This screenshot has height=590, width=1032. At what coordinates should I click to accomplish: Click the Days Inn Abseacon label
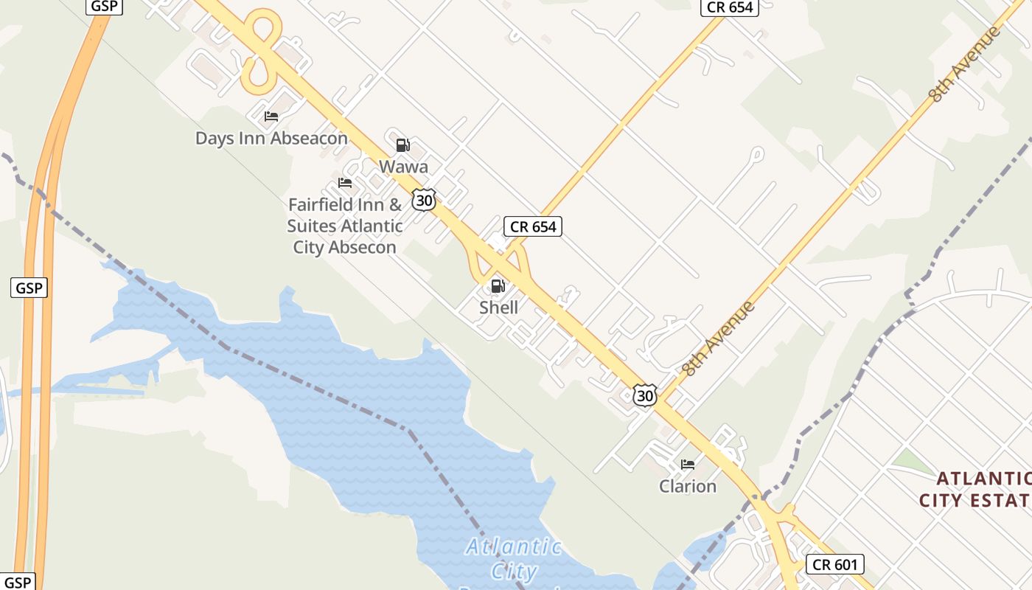point(271,138)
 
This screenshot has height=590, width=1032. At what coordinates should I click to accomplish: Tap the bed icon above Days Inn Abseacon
point(271,117)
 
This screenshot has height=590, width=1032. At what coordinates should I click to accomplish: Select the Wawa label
point(403,167)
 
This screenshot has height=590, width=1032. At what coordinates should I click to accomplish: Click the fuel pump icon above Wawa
point(402,145)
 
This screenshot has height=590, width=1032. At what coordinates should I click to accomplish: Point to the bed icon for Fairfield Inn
point(344,183)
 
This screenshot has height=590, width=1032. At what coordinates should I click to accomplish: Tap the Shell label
point(498,307)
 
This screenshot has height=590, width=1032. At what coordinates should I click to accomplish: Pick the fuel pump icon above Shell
point(498,286)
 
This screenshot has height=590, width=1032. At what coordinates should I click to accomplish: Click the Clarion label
point(688,486)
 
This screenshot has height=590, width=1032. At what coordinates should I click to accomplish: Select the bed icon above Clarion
point(688,465)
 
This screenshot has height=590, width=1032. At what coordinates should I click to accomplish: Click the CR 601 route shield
point(834,565)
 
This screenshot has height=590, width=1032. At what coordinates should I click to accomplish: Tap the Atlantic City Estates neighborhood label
point(975,489)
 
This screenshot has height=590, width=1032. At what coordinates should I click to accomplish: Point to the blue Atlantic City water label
point(514,558)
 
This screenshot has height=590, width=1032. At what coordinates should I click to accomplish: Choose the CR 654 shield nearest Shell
point(533,226)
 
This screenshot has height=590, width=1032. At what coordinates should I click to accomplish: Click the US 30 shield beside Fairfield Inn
point(424,200)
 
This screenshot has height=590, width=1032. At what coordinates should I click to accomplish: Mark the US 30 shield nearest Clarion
point(645,396)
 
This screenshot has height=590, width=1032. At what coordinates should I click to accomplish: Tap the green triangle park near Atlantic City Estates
point(913,462)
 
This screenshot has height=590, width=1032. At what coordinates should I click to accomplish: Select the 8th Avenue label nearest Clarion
point(719,339)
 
